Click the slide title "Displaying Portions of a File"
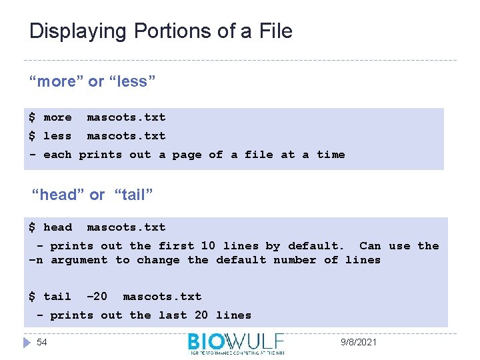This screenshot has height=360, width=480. click(161, 31)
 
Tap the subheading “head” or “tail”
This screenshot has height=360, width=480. click(93, 195)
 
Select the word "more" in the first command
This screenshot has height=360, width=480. click(57, 117)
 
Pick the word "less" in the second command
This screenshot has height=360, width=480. click(57, 136)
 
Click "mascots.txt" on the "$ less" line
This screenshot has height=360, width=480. click(126, 136)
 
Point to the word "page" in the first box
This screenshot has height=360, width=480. click(187, 155)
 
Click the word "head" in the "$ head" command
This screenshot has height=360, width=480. click(57, 227)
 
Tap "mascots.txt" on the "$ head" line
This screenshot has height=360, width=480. click(126, 227)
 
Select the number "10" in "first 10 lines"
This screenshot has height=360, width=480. click(208, 246)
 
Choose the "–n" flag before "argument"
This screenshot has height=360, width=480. click(36, 260)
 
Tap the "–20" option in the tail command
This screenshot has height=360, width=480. click(97, 297)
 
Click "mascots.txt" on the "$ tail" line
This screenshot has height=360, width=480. click(162, 297)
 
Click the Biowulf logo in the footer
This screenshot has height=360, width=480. click(236, 343)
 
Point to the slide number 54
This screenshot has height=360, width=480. click(42, 342)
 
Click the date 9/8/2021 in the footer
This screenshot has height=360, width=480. click(359, 342)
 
